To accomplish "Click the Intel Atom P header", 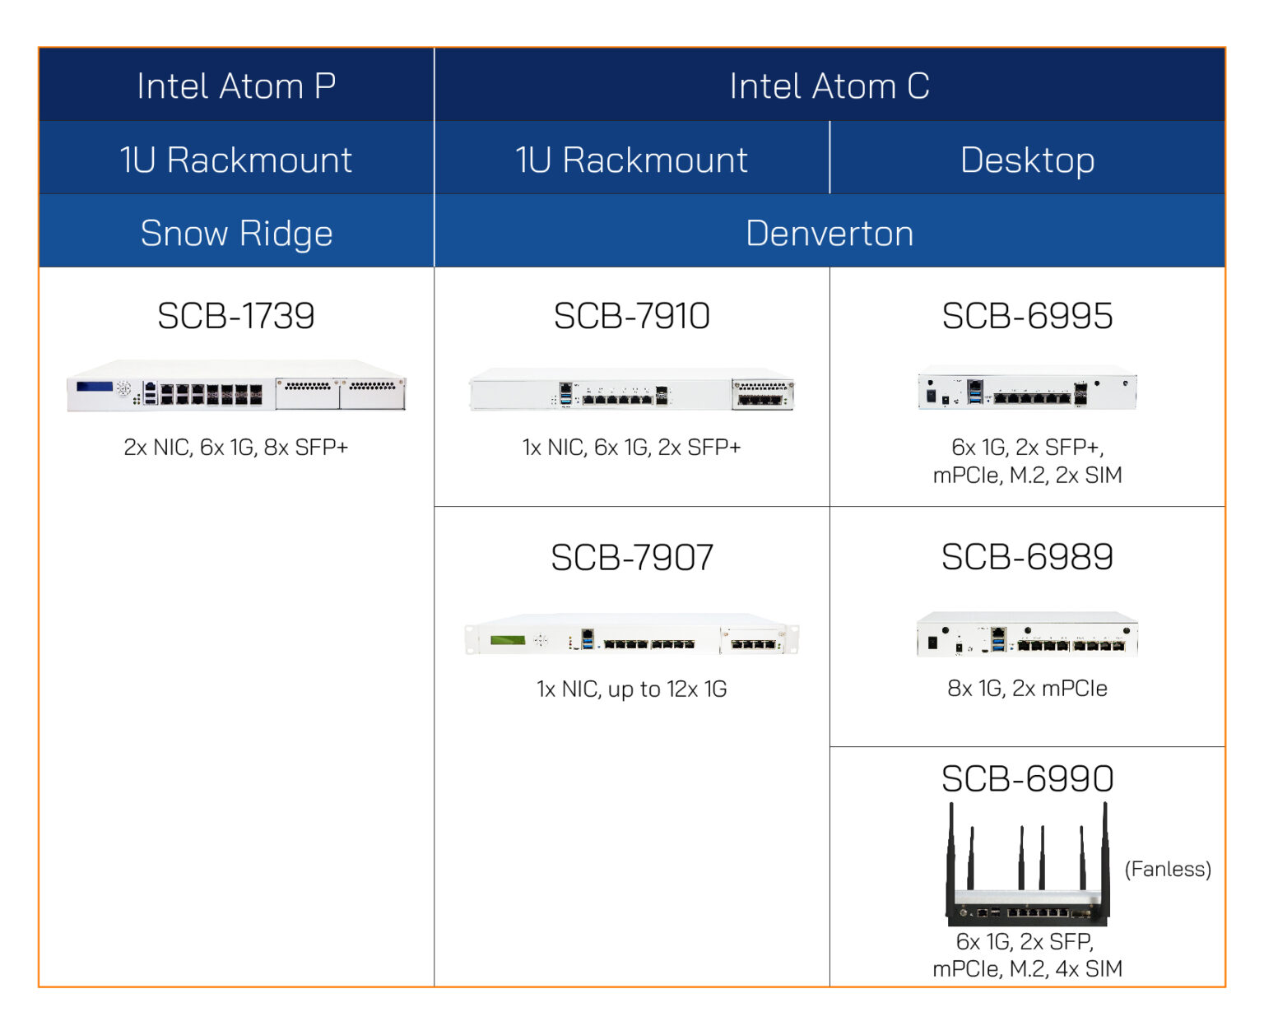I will pyautogui.click(x=236, y=86).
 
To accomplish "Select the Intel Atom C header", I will pyautogui.click(x=829, y=86).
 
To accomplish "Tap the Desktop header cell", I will pyautogui.click(x=1027, y=160).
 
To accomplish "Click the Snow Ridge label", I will pyautogui.click(x=236, y=234).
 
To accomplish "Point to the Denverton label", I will pyautogui.click(x=829, y=234).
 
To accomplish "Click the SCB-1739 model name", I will pyautogui.click(x=236, y=316).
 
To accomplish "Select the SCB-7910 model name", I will pyautogui.click(x=631, y=316).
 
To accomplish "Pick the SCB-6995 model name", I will pyautogui.click(x=1027, y=316).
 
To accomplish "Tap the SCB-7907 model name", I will pyautogui.click(x=631, y=558).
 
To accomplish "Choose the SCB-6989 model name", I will pyautogui.click(x=1027, y=557).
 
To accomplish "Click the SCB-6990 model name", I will pyautogui.click(x=1027, y=778).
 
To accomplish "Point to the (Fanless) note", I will pyautogui.click(x=1168, y=869).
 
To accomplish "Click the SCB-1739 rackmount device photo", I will pyautogui.click(x=236, y=386).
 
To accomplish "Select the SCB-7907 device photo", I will pyautogui.click(x=631, y=635).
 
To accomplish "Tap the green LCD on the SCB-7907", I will pyautogui.click(x=508, y=640).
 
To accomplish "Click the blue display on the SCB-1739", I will pyautogui.click(x=94, y=387).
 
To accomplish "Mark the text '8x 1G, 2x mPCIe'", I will pyautogui.click(x=1027, y=689).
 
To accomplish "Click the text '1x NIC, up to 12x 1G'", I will pyautogui.click(x=631, y=689).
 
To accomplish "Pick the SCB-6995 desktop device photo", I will pyautogui.click(x=1027, y=389).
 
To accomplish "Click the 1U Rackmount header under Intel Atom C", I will pyautogui.click(x=631, y=160).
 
